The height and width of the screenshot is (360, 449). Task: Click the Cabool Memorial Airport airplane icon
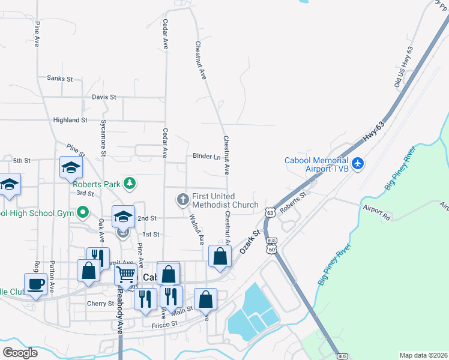pos(358,163)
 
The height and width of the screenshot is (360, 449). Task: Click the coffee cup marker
pos(35,283)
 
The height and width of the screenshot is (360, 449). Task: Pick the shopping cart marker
pos(125,275)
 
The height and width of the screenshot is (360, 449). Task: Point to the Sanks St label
pos(59,79)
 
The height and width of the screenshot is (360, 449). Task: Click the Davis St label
pos(104,97)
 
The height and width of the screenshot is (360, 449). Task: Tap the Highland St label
pos(70,120)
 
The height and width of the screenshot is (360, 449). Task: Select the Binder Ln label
pos(206,157)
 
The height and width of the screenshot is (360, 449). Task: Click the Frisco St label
pos(165,323)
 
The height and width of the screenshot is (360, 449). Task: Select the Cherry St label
pos(100,304)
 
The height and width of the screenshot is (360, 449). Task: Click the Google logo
pos(20,353)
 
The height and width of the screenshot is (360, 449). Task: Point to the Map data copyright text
pos(423,355)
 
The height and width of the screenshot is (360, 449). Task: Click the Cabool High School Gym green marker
pos(83,212)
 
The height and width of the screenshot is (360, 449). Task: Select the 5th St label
pos(22,161)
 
